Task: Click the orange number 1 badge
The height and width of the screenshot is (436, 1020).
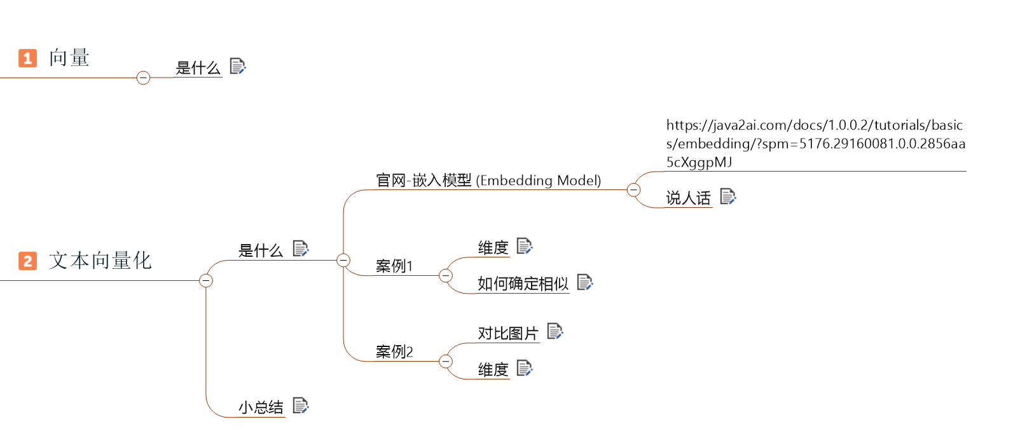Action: click(x=27, y=58)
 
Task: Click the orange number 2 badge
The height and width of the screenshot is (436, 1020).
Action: click(x=27, y=261)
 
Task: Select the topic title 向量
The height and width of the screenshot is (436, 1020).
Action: click(x=69, y=58)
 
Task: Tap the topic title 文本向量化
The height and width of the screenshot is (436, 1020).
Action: click(x=100, y=261)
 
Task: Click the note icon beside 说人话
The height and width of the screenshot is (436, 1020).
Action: click(x=728, y=196)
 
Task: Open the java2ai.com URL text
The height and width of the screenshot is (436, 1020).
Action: click(x=815, y=144)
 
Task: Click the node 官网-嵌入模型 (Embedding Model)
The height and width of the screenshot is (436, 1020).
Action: click(x=488, y=181)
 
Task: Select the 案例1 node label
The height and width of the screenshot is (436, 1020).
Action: click(x=394, y=266)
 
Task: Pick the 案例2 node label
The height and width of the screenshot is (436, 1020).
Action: click(x=394, y=352)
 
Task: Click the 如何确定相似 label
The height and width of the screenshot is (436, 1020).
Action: click(x=523, y=283)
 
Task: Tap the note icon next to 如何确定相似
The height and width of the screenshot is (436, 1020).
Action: click(x=585, y=282)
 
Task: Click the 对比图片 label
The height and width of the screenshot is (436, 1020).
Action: click(x=508, y=333)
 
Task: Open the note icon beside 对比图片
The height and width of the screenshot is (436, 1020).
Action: click(x=555, y=330)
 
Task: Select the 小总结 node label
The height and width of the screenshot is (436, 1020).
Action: click(x=261, y=407)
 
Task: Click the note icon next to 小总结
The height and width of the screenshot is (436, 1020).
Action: click(x=301, y=405)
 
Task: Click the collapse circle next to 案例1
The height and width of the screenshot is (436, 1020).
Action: click(x=446, y=275)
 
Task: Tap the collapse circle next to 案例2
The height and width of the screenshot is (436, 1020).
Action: click(x=446, y=362)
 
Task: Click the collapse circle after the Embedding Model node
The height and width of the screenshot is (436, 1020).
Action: click(x=633, y=189)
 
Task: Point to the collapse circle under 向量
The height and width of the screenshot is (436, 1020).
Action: click(x=144, y=78)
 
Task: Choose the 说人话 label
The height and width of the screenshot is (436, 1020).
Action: click(x=688, y=198)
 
